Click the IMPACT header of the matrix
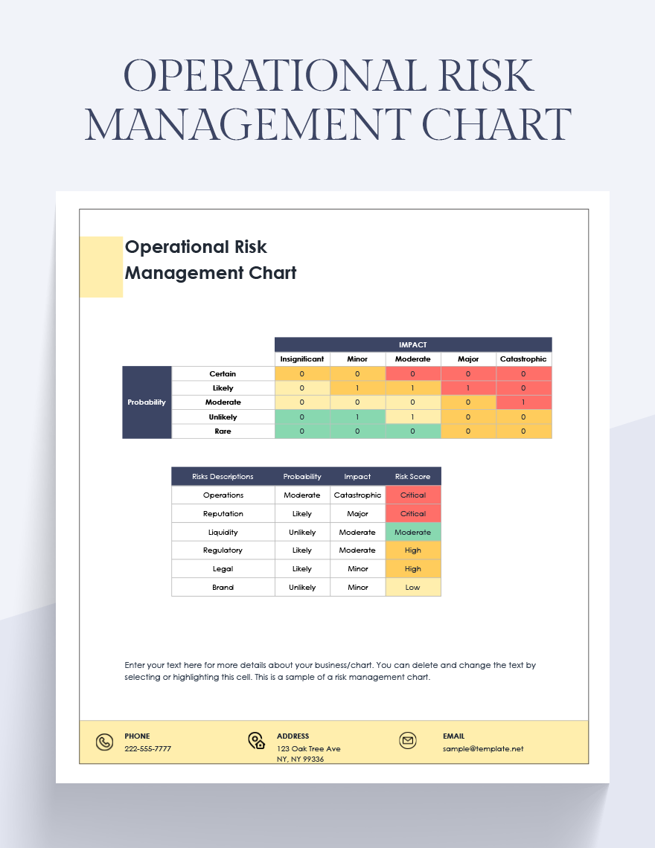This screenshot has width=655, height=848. (413, 344)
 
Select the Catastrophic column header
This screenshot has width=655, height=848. (523, 359)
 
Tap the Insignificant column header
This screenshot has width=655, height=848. (302, 359)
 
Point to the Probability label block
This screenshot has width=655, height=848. (147, 402)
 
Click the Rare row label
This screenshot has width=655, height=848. (223, 431)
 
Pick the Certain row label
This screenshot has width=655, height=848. (223, 374)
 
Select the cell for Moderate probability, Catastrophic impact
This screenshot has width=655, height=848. (523, 402)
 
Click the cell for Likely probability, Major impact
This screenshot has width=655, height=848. (468, 388)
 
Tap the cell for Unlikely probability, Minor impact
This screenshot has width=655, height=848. (357, 417)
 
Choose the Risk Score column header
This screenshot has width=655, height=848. (413, 477)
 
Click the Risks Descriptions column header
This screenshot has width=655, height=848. (223, 477)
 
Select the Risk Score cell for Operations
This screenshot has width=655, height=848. (413, 495)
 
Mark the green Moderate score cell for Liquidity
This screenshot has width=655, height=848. (413, 533)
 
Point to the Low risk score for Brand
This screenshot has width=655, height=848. (413, 588)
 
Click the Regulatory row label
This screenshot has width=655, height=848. (223, 550)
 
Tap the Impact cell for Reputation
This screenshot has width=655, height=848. (358, 514)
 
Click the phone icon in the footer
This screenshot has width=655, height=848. (104, 742)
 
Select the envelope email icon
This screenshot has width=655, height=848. (407, 741)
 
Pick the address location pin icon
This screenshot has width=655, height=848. (256, 741)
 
